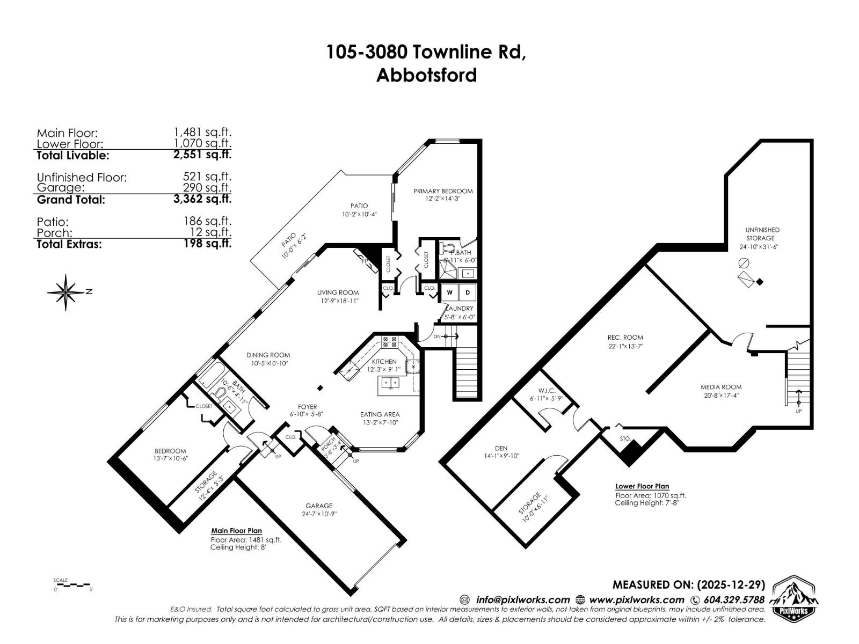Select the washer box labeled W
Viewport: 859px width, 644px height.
(x=449, y=292)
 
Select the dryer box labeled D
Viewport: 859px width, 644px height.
(x=468, y=292)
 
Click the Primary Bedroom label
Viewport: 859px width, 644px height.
(x=442, y=191)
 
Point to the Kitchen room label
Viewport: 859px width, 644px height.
(x=384, y=362)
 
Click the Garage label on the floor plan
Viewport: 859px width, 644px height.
(x=319, y=506)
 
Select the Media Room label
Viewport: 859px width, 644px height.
(x=720, y=387)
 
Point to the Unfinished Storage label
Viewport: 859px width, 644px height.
(x=762, y=234)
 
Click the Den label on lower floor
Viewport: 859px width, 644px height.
(x=501, y=448)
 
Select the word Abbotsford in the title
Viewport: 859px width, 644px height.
(x=426, y=75)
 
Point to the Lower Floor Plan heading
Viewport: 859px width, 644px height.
(x=642, y=486)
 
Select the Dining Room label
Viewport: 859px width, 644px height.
(x=268, y=355)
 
